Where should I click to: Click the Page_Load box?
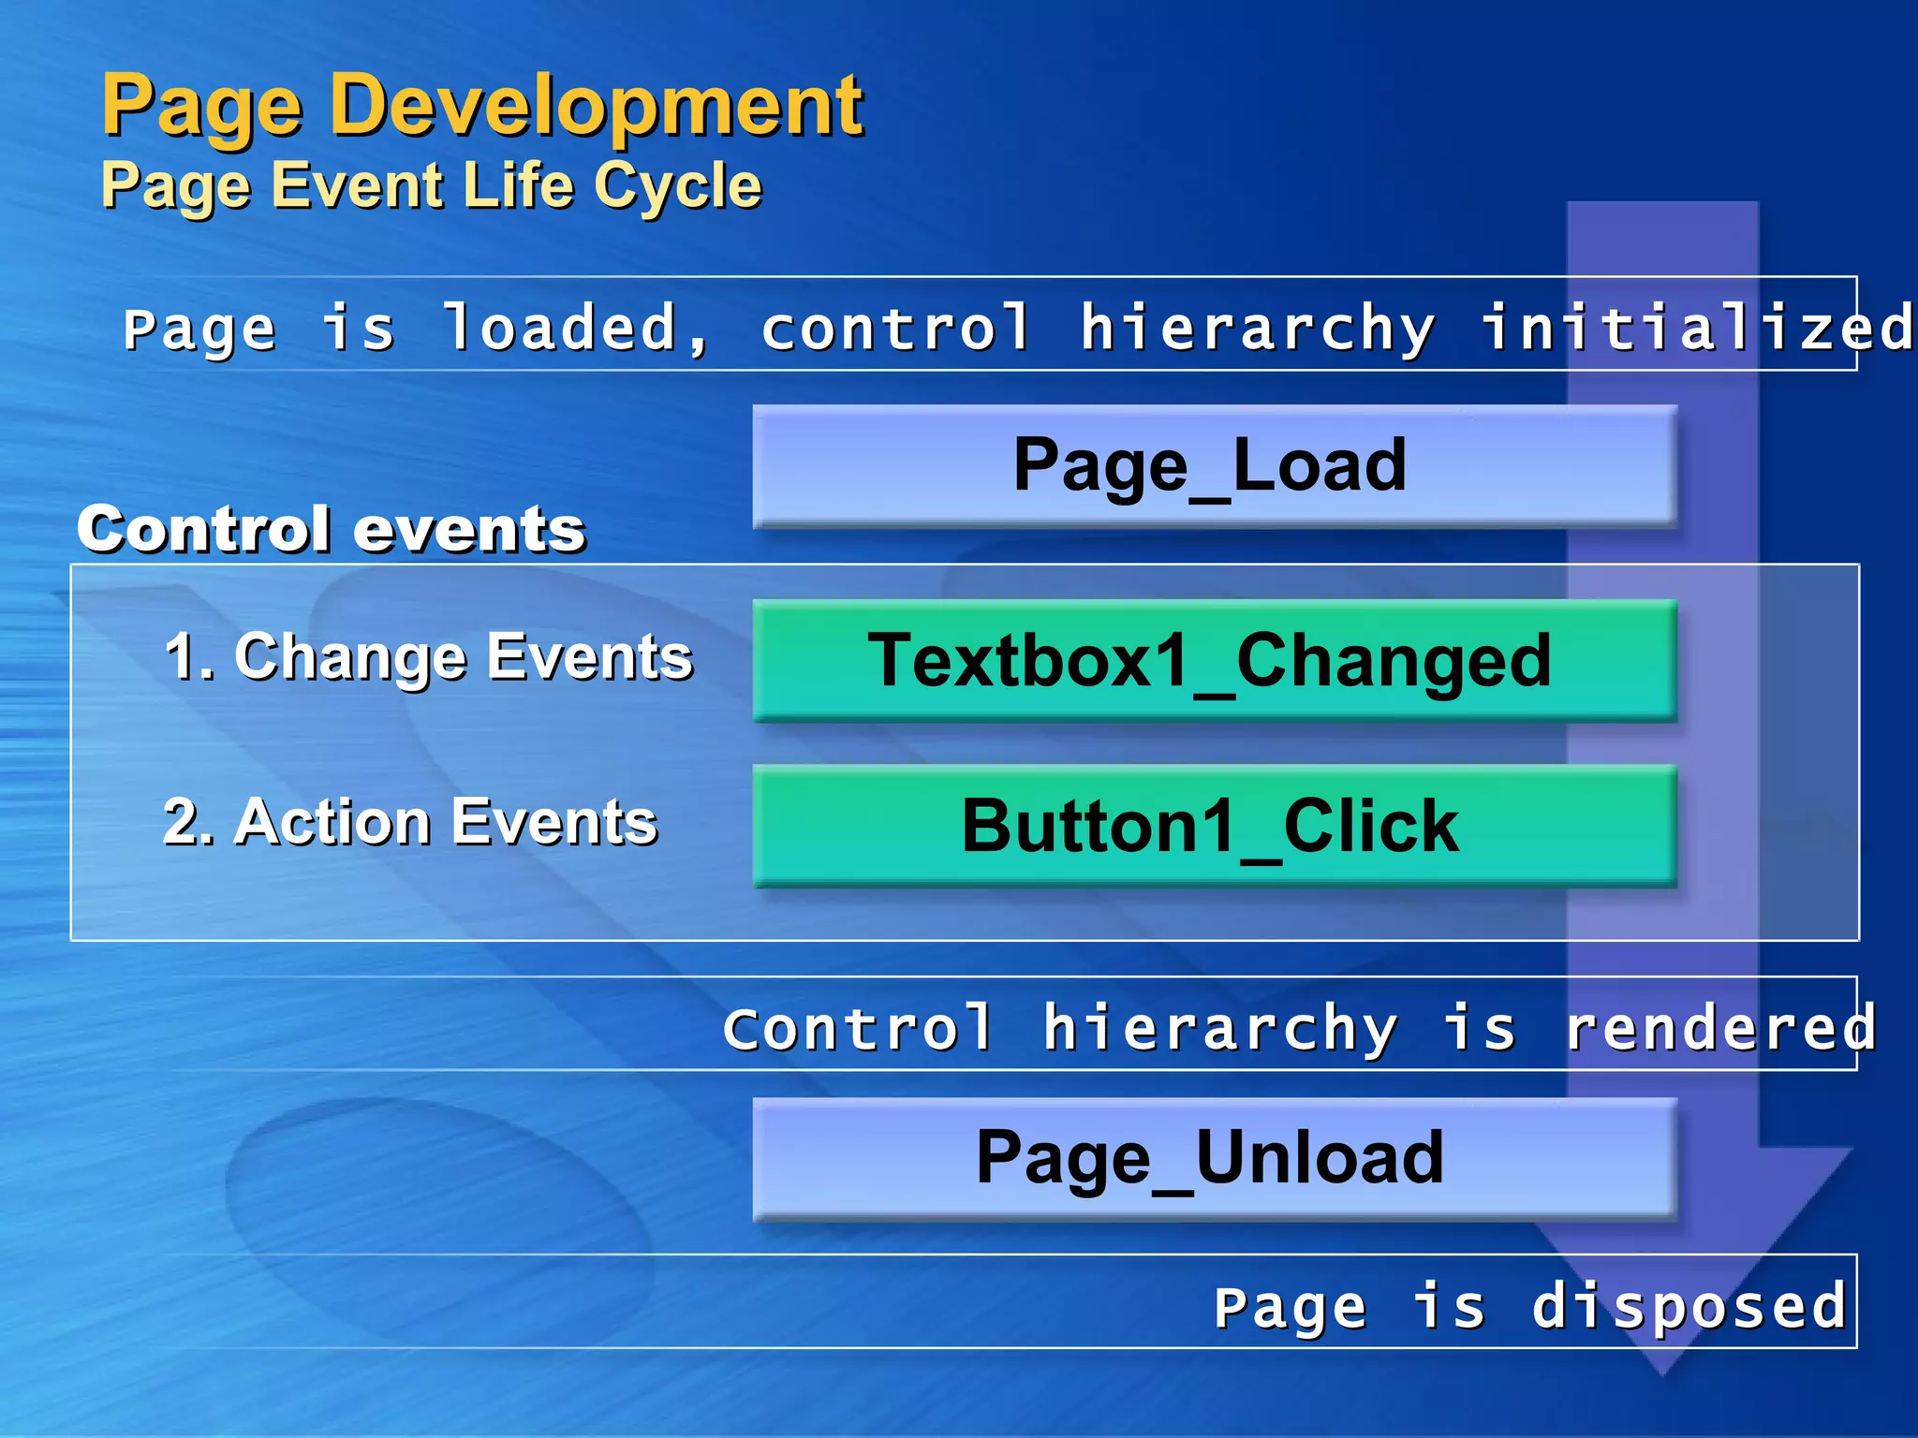(x=1214, y=466)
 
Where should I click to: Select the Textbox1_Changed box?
(x=1214, y=660)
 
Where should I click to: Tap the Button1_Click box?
(x=1214, y=826)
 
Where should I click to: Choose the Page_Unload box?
(x=1214, y=1158)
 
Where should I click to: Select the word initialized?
(x=1695, y=328)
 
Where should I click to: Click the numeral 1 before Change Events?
(x=180, y=656)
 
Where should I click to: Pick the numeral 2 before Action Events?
(x=180, y=822)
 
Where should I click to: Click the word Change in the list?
(x=350, y=658)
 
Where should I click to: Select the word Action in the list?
(x=332, y=822)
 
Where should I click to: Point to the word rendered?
(x=1721, y=1028)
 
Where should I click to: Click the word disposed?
(x=1689, y=1306)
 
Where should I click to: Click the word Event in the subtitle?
(x=357, y=184)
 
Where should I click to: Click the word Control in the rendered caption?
(x=858, y=1028)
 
